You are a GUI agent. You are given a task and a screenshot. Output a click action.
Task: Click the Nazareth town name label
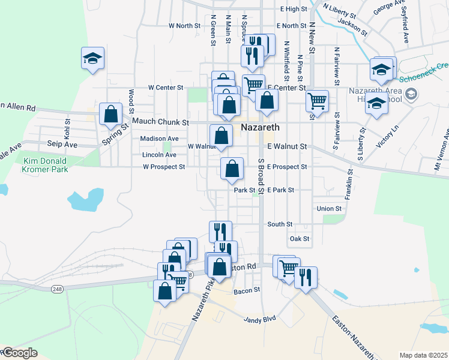click(x=260, y=127)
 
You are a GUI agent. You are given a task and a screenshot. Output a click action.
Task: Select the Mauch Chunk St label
click(x=160, y=121)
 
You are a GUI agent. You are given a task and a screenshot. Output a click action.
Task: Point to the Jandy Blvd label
click(x=259, y=319)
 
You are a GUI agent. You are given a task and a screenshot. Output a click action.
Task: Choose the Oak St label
click(x=299, y=239)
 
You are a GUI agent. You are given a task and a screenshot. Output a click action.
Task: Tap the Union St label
click(x=329, y=209)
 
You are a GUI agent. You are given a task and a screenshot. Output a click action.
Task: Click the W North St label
click(x=184, y=26)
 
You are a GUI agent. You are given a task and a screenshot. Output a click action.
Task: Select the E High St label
click(x=294, y=9)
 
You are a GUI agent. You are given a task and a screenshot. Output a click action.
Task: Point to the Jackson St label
click(x=352, y=25)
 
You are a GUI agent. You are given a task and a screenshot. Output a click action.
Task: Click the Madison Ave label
click(x=159, y=139)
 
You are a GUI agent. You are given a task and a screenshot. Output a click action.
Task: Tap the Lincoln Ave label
click(x=159, y=155)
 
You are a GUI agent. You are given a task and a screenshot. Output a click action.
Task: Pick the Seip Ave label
click(x=62, y=145)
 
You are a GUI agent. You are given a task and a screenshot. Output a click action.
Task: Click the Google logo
click(x=19, y=353)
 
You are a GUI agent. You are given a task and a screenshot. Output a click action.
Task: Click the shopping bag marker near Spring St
click(x=111, y=114)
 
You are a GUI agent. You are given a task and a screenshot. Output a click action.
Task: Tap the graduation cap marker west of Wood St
click(x=92, y=58)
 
